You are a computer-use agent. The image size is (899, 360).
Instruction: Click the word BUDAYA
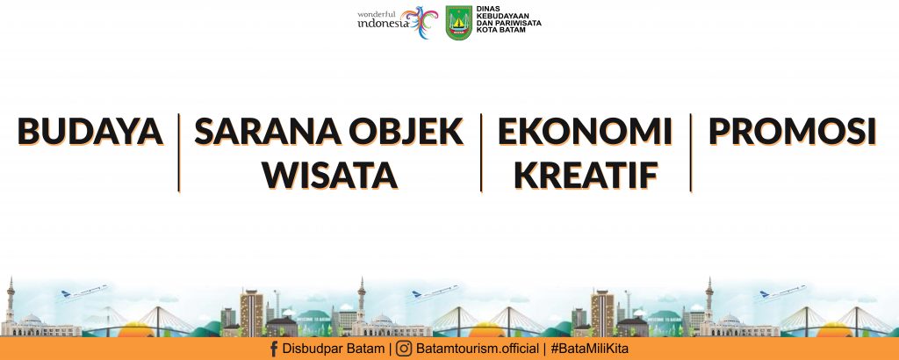pos(90,132)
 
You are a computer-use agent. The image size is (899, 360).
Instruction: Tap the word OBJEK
pos(406,132)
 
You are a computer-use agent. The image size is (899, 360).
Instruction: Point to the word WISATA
pos(330,175)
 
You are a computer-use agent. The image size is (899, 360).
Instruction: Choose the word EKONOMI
pos(585,132)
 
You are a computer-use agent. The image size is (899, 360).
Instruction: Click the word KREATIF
pos(586,175)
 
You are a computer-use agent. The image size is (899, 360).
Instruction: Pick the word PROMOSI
pos(793,132)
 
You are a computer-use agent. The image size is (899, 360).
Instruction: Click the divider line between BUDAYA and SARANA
pos(179,153)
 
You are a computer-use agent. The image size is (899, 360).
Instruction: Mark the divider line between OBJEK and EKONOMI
pos(481,153)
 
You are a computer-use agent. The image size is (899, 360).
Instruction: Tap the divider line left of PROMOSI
pos(691,153)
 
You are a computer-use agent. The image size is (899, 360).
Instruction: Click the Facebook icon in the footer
pos(274,349)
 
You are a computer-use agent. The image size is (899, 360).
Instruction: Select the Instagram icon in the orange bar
pos(404,349)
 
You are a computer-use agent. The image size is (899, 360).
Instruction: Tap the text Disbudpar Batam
pos(334,349)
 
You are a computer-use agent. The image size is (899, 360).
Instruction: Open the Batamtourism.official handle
pos(478,349)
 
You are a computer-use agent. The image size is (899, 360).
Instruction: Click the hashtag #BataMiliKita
pos(589,349)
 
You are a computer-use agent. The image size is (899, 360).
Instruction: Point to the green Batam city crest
pos(458,23)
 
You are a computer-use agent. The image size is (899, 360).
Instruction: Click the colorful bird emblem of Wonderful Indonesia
pos(419,22)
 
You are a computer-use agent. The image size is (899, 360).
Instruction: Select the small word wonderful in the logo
pos(376,14)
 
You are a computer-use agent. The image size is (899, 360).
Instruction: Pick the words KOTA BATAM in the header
pos(501,30)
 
